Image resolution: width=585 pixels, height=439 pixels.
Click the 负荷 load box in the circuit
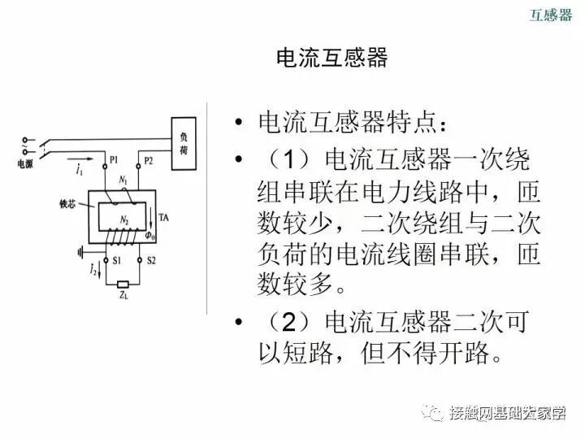point(183,145)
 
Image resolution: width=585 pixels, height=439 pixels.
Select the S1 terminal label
point(116,260)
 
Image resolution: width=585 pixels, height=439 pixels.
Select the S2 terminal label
point(149,260)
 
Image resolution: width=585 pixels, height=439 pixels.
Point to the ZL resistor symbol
point(122,285)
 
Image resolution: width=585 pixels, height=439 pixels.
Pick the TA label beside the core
point(163,218)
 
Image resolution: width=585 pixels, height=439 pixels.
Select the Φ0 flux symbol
point(149,236)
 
